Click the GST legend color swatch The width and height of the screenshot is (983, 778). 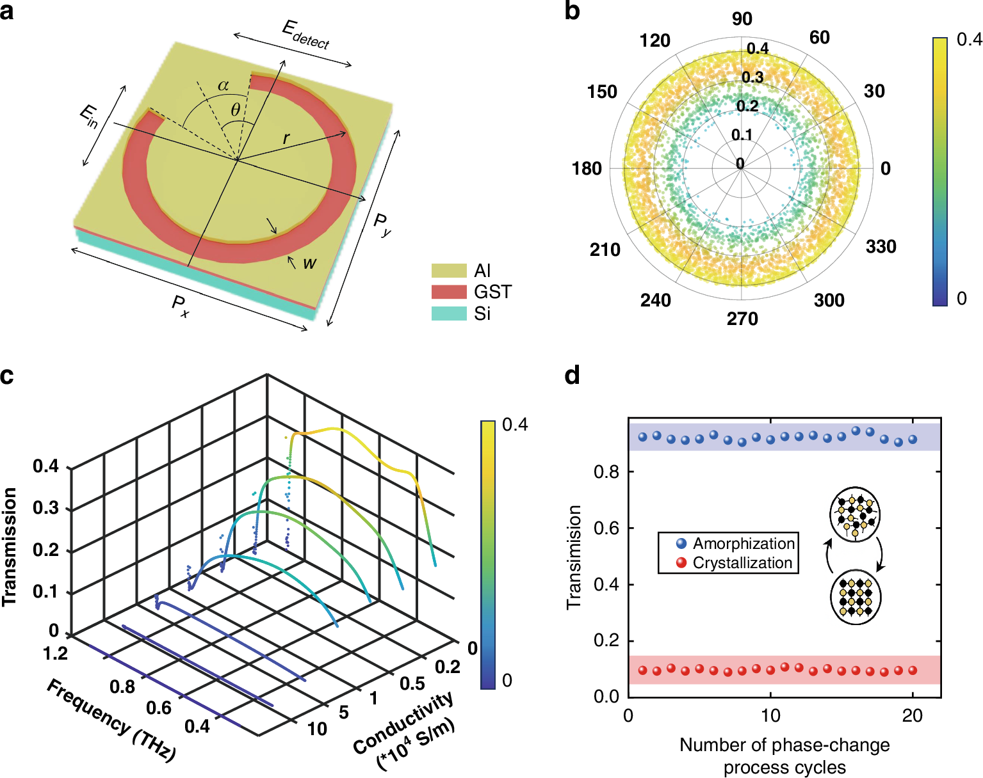(448, 292)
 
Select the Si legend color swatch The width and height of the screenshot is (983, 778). (448, 314)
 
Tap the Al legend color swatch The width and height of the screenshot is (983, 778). (448, 271)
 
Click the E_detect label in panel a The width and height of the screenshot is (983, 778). (305, 35)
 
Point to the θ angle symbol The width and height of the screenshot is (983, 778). (236, 110)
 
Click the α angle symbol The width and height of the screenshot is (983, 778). (223, 86)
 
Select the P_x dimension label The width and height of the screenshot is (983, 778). (181, 306)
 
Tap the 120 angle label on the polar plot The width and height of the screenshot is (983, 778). (654, 41)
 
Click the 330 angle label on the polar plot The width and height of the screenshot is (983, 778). (881, 247)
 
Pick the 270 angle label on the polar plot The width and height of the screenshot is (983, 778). (742, 319)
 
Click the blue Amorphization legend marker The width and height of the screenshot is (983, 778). (681, 544)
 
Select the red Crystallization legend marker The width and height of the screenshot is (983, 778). (681, 563)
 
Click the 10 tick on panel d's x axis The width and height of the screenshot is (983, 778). (770, 715)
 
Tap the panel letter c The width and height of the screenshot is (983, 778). (7, 376)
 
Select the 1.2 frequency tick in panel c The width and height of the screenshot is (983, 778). (56, 653)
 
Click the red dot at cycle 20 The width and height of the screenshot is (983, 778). (913, 671)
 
